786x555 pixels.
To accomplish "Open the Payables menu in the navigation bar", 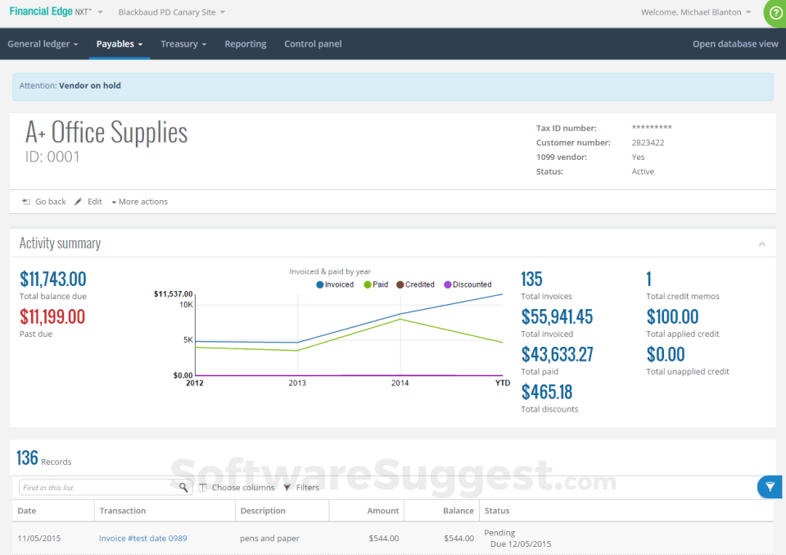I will pyautogui.click(x=119, y=44).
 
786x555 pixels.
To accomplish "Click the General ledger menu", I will pyautogui.click(x=43, y=44).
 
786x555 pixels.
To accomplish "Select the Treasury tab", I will pyautogui.click(x=183, y=44).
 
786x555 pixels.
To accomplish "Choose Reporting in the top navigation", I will pyautogui.click(x=246, y=44).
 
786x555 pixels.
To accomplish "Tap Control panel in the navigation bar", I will pyautogui.click(x=313, y=44).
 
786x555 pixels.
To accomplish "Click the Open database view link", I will pyautogui.click(x=735, y=44).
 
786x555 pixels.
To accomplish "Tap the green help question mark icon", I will pyautogui.click(x=775, y=13).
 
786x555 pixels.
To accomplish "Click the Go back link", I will pyautogui.click(x=45, y=202).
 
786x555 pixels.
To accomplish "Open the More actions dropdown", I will pyautogui.click(x=139, y=202).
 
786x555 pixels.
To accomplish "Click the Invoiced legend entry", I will pyautogui.click(x=335, y=284).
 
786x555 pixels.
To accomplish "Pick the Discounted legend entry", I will pyautogui.click(x=468, y=284).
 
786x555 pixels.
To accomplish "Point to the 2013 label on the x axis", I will pyautogui.click(x=297, y=383).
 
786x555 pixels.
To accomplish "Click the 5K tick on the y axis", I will pyautogui.click(x=187, y=339).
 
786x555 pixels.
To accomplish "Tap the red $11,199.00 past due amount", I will pyautogui.click(x=52, y=316).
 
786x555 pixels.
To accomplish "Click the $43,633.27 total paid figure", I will pyautogui.click(x=557, y=354).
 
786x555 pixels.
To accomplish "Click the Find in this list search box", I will pyautogui.click(x=98, y=488).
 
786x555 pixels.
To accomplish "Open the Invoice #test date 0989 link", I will pyautogui.click(x=142, y=539).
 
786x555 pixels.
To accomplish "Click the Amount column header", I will pyautogui.click(x=382, y=511).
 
